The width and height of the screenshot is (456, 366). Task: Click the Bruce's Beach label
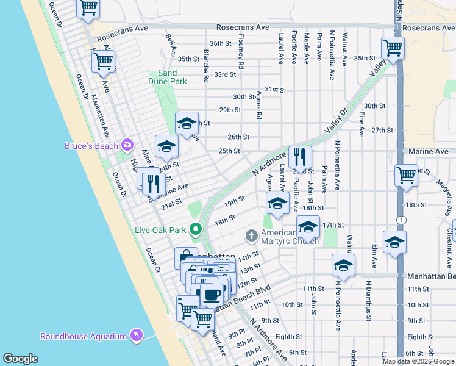click(92, 145)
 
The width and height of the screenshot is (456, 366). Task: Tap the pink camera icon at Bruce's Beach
click(127, 145)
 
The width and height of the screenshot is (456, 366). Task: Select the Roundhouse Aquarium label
click(84, 336)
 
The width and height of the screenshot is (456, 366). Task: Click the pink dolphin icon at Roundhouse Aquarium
click(136, 336)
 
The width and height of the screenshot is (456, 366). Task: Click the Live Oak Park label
click(160, 230)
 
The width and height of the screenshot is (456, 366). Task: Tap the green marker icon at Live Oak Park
click(196, 230)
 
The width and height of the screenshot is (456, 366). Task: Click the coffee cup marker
click(212, 295)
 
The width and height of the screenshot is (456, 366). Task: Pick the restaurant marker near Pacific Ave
click(299, 157)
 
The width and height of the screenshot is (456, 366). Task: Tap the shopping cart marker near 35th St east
click(393, 48)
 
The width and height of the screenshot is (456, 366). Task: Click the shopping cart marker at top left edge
click(88, 9)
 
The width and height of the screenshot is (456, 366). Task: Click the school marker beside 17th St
click(308, 228)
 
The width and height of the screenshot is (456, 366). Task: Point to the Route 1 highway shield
click(399, 220)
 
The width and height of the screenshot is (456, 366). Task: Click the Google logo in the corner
click(20, 359)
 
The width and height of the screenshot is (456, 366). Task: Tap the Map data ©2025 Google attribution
click(418, 361)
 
